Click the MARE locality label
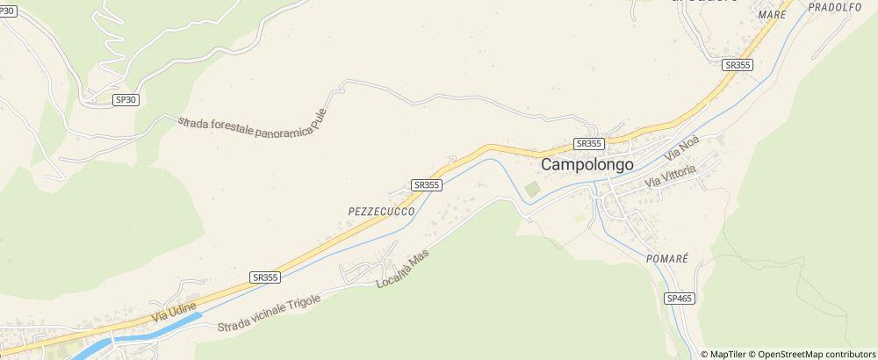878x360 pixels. (x=772, y=15)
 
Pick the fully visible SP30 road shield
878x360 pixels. (x=126, y=100)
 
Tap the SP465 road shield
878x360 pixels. (x=680, y=299)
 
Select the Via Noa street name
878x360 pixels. (x=681, y=147)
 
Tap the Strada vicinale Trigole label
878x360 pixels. (x=271, y=313)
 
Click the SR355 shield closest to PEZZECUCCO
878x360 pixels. (x=426, y=184)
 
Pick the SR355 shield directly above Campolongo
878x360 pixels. (x=588, y=143)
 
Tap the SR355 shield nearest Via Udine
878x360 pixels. (x=264, y=277)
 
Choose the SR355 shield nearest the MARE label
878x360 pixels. (x=738, y=65)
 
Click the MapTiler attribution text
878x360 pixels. (x=725, y=354)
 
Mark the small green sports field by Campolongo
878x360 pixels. (x=531, y=191)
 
